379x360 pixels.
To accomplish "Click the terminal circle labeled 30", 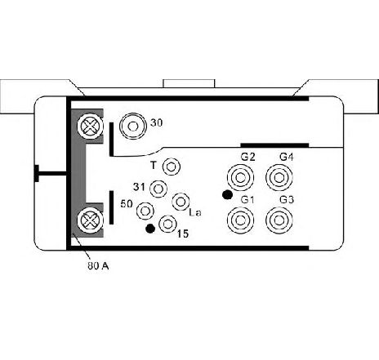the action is pyautogui.click(x=133, y=126).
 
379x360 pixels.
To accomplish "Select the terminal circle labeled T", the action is pyautogui.click(x=171, y=167).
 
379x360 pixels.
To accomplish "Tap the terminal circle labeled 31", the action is pyautogui.click(x=158, y=189).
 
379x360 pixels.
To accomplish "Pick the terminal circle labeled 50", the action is pyautogui.click(x=145, y=211).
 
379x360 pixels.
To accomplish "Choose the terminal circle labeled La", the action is pyautogui.click(x=181, y=202).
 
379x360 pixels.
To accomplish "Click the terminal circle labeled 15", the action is pyautogui.click(x=167, y=224).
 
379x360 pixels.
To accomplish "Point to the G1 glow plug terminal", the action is pyautogui.click(x=240, y=220).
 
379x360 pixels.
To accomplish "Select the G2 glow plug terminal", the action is pyautogui.click(x=240, y=178).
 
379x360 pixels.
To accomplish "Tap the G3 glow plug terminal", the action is pyautogui.click(x=279, y=220).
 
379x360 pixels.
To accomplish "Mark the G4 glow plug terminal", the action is pyautogui.click(x=279, y=178).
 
